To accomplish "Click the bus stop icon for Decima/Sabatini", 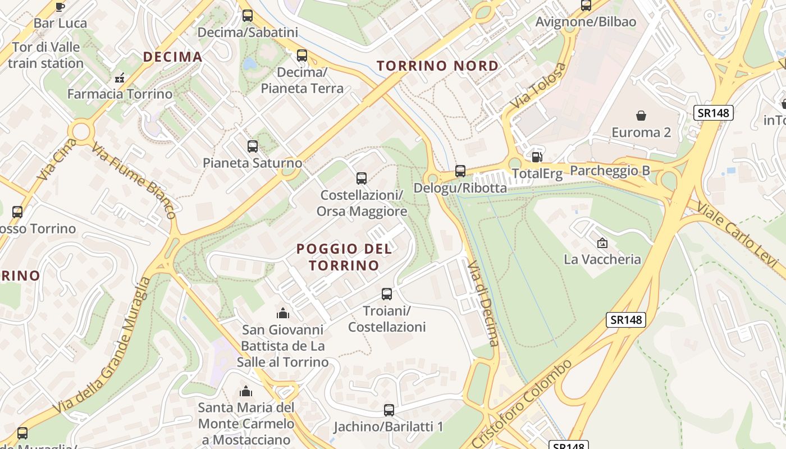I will [x=248, y=16].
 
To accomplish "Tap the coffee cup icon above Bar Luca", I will [x=60, y=7].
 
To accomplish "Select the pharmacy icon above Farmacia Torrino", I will [x=119, y=78].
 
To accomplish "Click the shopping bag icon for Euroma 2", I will [x=641, y=116].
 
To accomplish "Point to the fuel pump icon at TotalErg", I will [x=537, y=157].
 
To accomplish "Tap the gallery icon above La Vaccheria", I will [x=602, y=243].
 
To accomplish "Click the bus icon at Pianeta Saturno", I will [x=253, y=146].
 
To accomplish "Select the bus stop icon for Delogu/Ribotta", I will [x=460, y=171].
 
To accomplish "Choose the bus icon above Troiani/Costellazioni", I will [x=387, y=294].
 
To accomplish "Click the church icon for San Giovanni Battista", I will [x=282, y=313].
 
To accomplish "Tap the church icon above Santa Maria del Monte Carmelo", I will [x=246, y=391].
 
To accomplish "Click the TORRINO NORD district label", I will [x=437, y=66].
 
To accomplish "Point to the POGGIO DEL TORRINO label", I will [x=344, y=256].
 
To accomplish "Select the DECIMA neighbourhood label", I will [x=172, y=57].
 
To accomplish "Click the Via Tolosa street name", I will [x=538, y=86].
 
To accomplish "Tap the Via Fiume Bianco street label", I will [x=134, y=181].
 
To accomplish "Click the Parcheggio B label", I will [x=610, y=171].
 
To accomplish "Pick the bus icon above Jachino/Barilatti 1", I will [x=389, y=410].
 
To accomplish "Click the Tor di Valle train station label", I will [x=46, y=55].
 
